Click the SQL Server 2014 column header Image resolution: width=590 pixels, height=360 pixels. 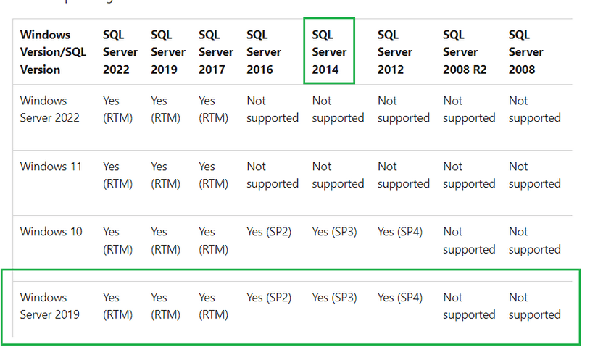pos(329,52)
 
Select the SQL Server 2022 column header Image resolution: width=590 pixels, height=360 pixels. pos(120,52)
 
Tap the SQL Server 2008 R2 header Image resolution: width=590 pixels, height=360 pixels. pos(465,52)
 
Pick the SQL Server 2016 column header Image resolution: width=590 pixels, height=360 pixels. pos(264,52)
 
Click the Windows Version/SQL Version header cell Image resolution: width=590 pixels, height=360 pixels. pos(53,52)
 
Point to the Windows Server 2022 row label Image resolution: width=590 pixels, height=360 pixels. pos(50,109)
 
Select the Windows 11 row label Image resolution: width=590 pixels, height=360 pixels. pos(51,167)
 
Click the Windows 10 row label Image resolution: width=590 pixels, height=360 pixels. pos(51,231)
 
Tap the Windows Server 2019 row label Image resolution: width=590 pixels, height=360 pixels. pos(50,306)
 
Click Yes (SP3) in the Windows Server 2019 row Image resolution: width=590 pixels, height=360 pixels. pos(334,298)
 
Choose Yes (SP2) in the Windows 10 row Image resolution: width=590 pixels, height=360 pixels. pos(269,232)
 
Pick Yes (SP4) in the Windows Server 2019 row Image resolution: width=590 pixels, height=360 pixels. pos(400,298)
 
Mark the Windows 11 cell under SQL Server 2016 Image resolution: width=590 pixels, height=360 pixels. pos(273,175)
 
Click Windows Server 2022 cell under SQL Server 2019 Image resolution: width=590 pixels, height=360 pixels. pos(165,109)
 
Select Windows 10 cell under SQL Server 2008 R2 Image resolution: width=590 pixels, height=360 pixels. pos(469,240)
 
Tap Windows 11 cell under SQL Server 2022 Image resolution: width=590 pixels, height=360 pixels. pos(117,175)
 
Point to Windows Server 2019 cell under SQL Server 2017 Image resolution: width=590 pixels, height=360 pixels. pos(213,306)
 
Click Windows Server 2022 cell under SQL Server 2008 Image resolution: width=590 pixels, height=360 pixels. pos(535,109)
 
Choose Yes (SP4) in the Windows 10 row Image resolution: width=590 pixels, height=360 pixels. pos(400,232)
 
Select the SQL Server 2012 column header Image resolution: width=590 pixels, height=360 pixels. pos(395,52)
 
